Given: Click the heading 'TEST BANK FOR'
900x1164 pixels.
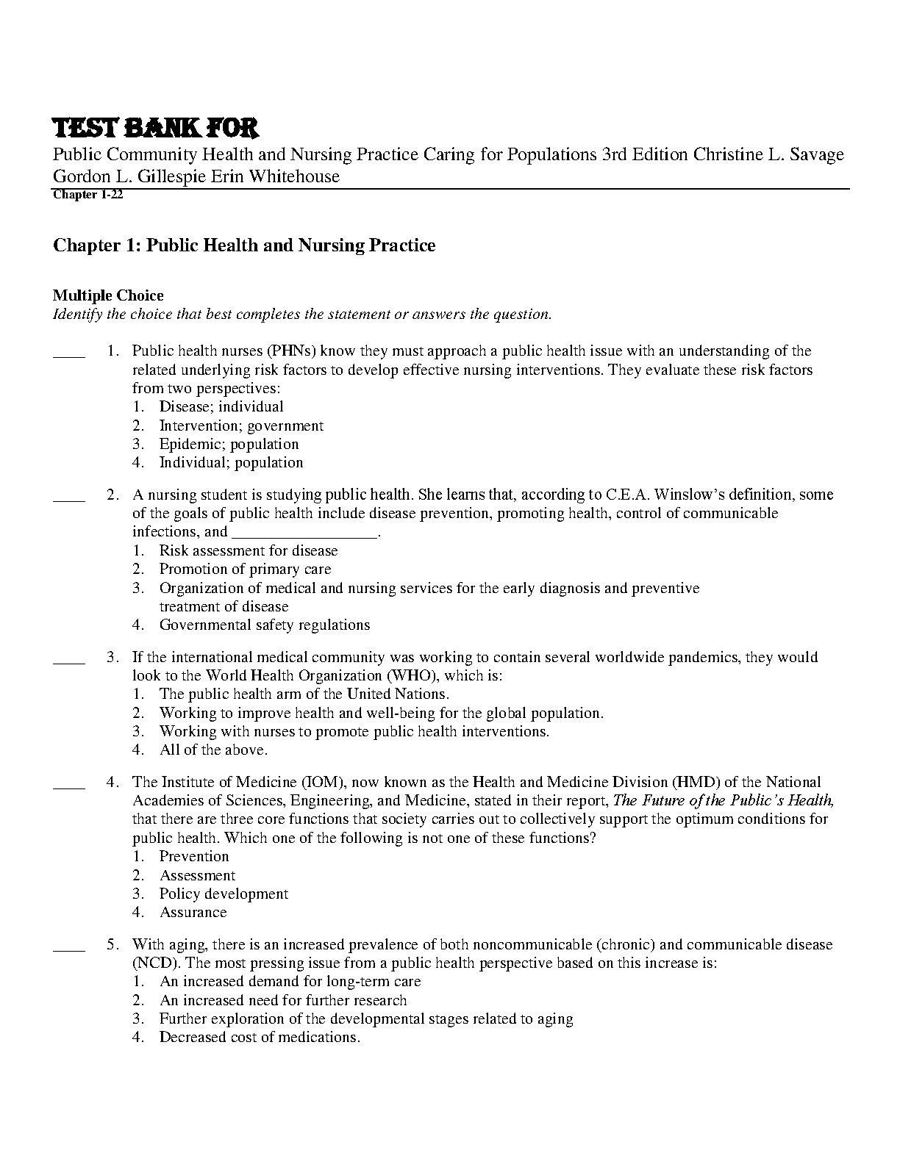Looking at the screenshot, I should tap(155, 129).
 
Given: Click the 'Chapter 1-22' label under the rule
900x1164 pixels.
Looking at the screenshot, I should tap(87, 195).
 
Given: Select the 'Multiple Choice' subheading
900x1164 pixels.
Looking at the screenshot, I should tap(108, 295).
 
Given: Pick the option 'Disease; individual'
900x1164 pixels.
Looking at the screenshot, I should tap(221, 407).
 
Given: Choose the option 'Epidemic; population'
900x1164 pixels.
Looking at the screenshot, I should tap(229, 444).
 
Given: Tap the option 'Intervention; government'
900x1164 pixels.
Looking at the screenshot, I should tap(241, 425).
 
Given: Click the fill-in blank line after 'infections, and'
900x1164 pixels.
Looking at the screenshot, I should tap(304, 533).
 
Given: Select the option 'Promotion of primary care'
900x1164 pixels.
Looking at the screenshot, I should tap(245, 570).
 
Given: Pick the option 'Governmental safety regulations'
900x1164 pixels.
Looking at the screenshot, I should tap(265, 625).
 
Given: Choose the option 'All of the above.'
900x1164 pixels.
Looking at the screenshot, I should tap(213, 750).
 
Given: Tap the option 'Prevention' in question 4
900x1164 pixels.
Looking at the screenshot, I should tap(194, 857).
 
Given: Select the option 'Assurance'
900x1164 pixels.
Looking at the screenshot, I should tap(193, 913).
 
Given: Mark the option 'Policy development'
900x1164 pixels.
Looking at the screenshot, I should tap(224, 894).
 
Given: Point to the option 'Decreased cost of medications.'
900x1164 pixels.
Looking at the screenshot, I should tap(260, 1038).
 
